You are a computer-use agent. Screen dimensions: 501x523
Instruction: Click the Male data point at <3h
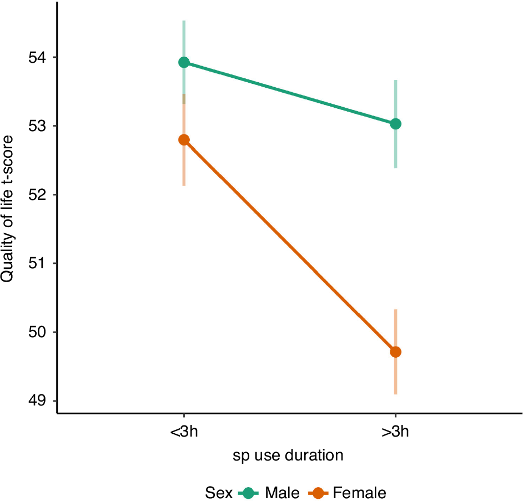click(184, 62)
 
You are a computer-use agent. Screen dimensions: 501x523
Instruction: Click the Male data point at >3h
click(395, 123)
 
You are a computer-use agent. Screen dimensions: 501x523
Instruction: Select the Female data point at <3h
click(184, 139)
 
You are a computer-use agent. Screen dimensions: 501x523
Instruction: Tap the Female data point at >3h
click(395, 352)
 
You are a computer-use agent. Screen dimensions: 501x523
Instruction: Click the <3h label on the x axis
click(184, 432)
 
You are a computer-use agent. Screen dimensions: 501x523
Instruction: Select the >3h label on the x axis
click(395, 432)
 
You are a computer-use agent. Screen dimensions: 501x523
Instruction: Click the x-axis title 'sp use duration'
click(288, 456)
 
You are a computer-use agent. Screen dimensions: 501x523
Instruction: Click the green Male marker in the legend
click(249, 492)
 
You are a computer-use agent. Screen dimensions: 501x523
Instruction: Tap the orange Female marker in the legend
click(318, 492)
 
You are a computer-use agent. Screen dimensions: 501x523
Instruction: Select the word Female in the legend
click(359, 493)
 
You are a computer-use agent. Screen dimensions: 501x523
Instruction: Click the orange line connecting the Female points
click(289, 246)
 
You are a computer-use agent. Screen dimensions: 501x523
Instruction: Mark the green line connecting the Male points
click(289, 93)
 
